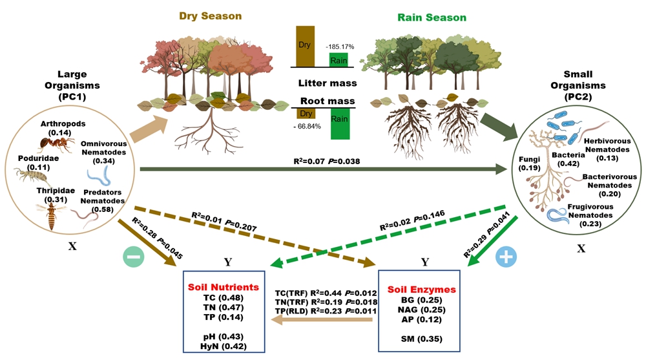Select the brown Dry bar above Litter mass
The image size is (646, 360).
pyautogui.click(x=305, y=46)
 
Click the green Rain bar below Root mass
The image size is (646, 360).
pyautogui.click(x=340, y=123)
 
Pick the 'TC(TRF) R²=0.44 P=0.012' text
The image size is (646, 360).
pyautogui.click(x=326, y=292)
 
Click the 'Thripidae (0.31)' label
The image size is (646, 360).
pyautogui.click(x=50, y=196)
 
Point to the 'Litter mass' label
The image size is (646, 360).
pyautogui.click(x=328, y=83)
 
